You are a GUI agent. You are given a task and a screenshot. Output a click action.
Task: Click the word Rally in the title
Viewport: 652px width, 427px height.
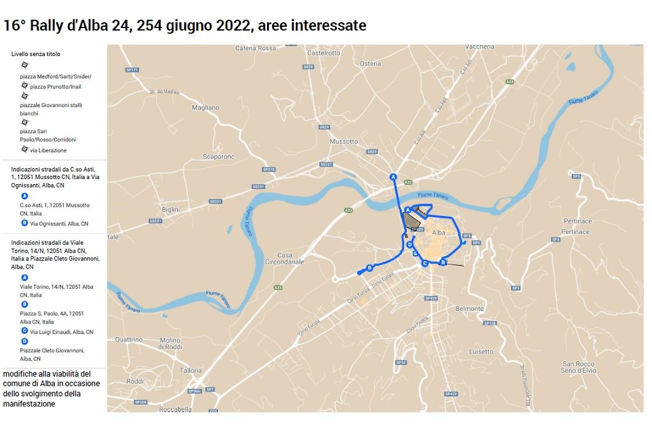pos(47,26)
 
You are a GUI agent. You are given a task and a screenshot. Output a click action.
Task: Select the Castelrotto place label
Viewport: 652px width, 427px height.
pos(323,53)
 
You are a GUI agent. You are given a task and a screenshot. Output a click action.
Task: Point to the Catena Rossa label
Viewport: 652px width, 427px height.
pos(255,49)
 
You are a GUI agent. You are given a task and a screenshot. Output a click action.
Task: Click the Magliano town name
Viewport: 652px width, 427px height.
pos(205,107)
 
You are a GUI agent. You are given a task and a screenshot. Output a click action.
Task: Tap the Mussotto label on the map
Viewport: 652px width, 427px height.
pos(344,141)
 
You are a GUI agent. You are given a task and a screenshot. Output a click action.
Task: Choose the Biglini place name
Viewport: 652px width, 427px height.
pos(170,210)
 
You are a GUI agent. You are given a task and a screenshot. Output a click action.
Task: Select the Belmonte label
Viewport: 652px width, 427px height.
pos(469,309)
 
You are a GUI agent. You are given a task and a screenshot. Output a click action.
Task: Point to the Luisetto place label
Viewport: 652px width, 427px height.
pos(480,352)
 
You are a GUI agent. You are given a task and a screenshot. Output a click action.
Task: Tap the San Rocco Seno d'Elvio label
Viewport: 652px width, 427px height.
pos(578,367)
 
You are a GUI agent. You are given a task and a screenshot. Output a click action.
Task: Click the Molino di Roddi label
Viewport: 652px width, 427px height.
pos(169,343)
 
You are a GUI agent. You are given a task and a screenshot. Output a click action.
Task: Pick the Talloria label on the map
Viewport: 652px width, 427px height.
pos(190,370)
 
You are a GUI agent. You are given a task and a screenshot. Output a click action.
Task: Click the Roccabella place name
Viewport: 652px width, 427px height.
pos(176,409)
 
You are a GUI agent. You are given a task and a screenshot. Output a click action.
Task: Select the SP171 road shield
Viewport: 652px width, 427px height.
pos(132,70)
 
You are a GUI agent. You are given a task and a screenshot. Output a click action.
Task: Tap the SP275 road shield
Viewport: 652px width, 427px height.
pos(268,169)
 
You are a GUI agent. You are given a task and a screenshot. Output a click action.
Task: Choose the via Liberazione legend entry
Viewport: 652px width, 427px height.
pos(48,150)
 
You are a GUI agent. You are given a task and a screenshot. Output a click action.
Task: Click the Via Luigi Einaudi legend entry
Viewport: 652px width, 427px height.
pos(61,332)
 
